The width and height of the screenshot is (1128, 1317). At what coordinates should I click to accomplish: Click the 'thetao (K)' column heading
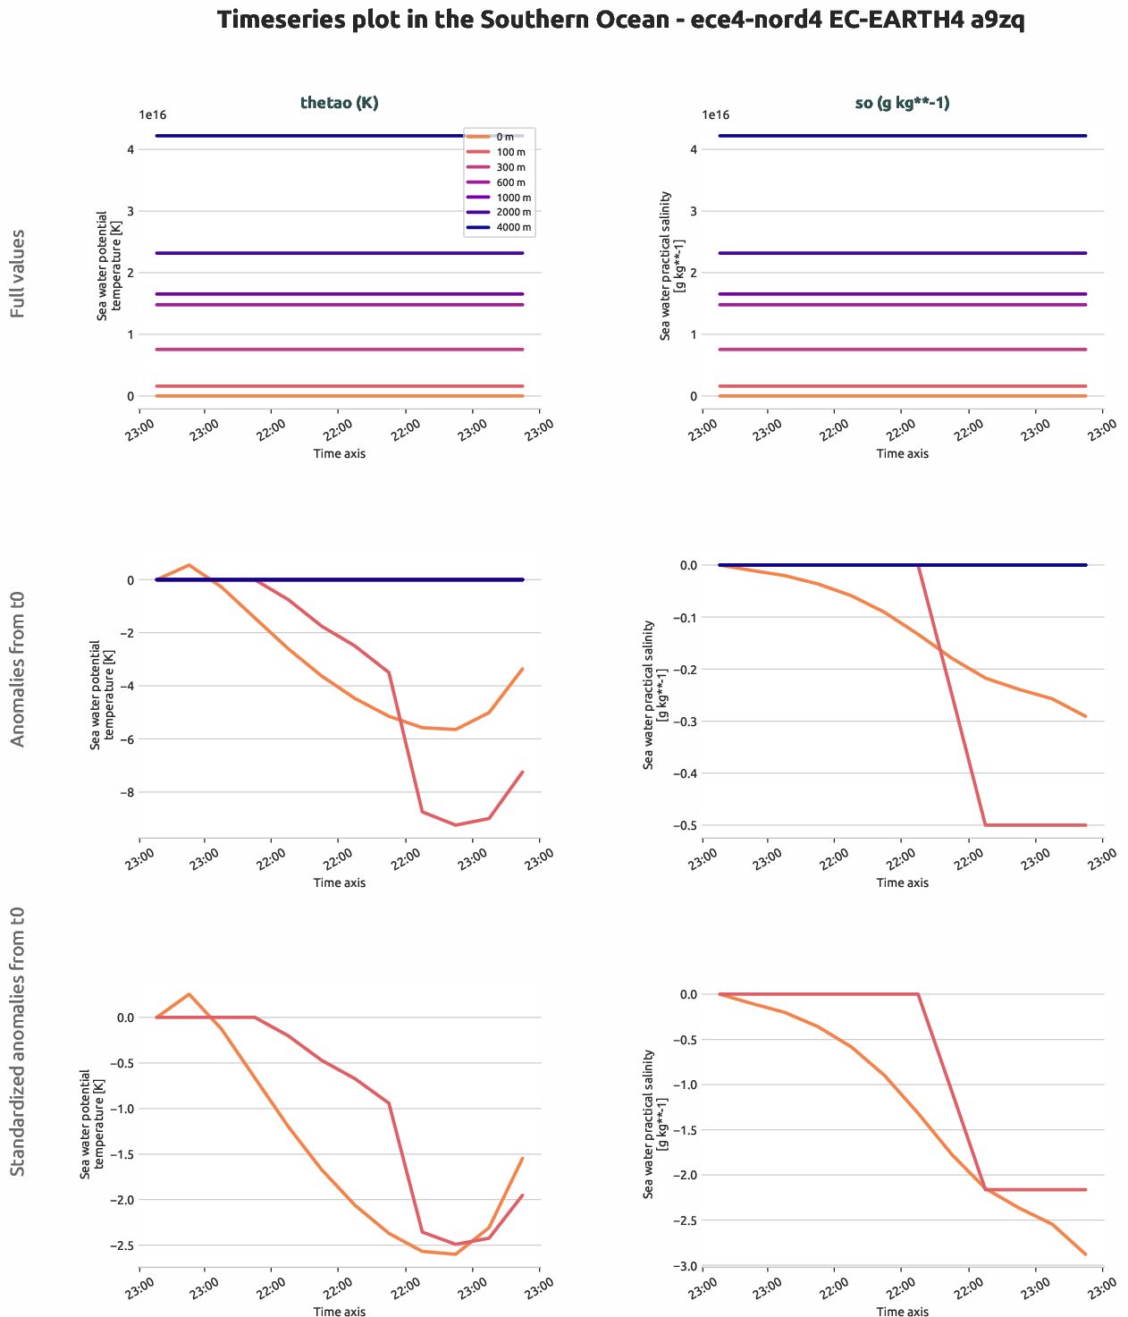(x=339, y=103)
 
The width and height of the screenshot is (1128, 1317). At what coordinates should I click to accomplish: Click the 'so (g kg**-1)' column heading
(x=902, y=103)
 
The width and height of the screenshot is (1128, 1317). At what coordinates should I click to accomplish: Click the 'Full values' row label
(x=18, y=274)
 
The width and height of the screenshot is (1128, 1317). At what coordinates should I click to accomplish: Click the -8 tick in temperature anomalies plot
(x=130, y=792)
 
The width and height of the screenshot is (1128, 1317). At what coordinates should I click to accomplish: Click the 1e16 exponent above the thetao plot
(x=152, y=115)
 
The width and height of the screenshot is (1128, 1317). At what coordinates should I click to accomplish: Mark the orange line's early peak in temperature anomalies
(x=189, y=565)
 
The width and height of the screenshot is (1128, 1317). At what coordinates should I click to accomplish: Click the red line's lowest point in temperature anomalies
(x=456, y=825)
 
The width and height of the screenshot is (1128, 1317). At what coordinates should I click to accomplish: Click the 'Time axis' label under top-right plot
(x=902, y=453)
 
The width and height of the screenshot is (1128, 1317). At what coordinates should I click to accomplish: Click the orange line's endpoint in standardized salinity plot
(x=1085, y=1254)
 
